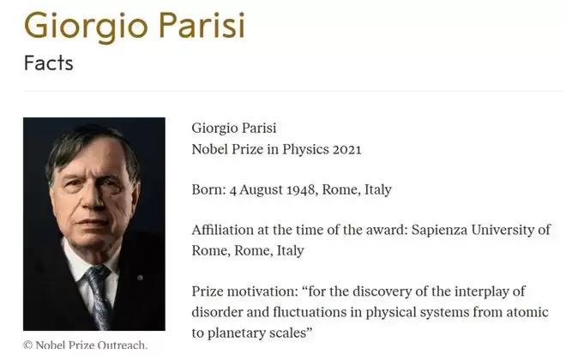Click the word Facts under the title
click(x=49, y=63)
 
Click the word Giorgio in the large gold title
click(x=87, y=26)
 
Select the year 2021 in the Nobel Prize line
click(x=347, y=150)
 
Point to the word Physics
click(x=306, y=150)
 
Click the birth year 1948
click(x=301, y=189)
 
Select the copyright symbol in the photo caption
click(x=27, y=345)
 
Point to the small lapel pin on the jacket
click(x=140, y=278)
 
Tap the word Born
click(x=208, y=189)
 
